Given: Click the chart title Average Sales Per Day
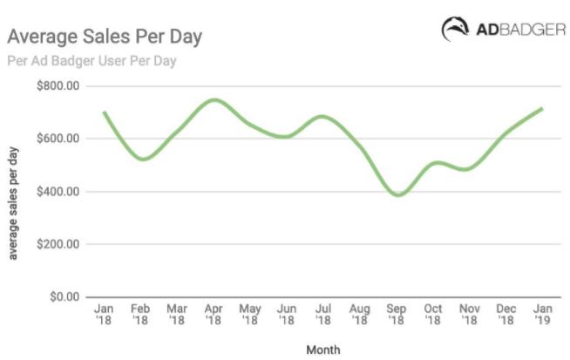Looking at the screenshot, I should tap(105, 37).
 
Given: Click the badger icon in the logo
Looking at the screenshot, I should tap(456, 29).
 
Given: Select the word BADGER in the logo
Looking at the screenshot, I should tap(531, 29).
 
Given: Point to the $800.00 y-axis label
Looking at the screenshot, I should tap(56, 86).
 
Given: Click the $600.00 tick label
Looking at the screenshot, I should tap(56, 139).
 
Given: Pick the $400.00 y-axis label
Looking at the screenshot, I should tap(56, 192).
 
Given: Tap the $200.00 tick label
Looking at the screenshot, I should tap(56, 244).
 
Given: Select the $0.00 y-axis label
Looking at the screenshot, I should tap(60, 297).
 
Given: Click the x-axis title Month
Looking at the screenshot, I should tap(322, 350).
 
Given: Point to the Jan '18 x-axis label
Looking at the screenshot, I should tap(104, 315).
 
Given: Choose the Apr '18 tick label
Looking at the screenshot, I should tap(214, 315).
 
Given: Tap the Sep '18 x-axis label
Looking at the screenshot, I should tap(397, 315).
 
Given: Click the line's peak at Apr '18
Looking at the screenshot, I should tap(214, 99).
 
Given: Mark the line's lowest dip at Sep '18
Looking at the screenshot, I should tap(397, 195).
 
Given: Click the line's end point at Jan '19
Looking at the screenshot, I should tap(542, 108).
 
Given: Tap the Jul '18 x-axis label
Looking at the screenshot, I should tap(323, 315).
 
